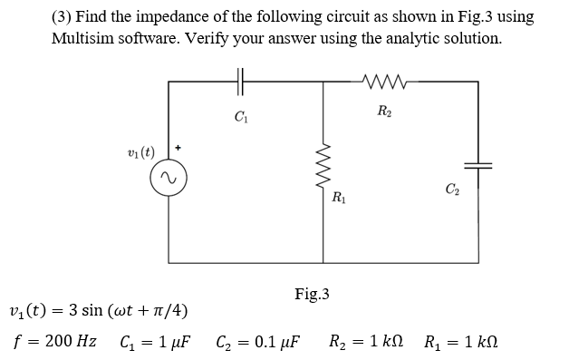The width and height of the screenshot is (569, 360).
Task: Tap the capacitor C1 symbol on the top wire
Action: [240, 82]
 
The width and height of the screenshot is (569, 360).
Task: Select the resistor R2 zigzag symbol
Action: [385, 82]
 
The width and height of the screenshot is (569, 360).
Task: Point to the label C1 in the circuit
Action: [240, 116]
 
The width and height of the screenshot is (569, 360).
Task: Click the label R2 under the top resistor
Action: [385, 112]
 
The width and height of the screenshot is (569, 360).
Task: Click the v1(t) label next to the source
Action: [140, 150]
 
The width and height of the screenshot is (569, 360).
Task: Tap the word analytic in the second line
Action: [406, 38]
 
